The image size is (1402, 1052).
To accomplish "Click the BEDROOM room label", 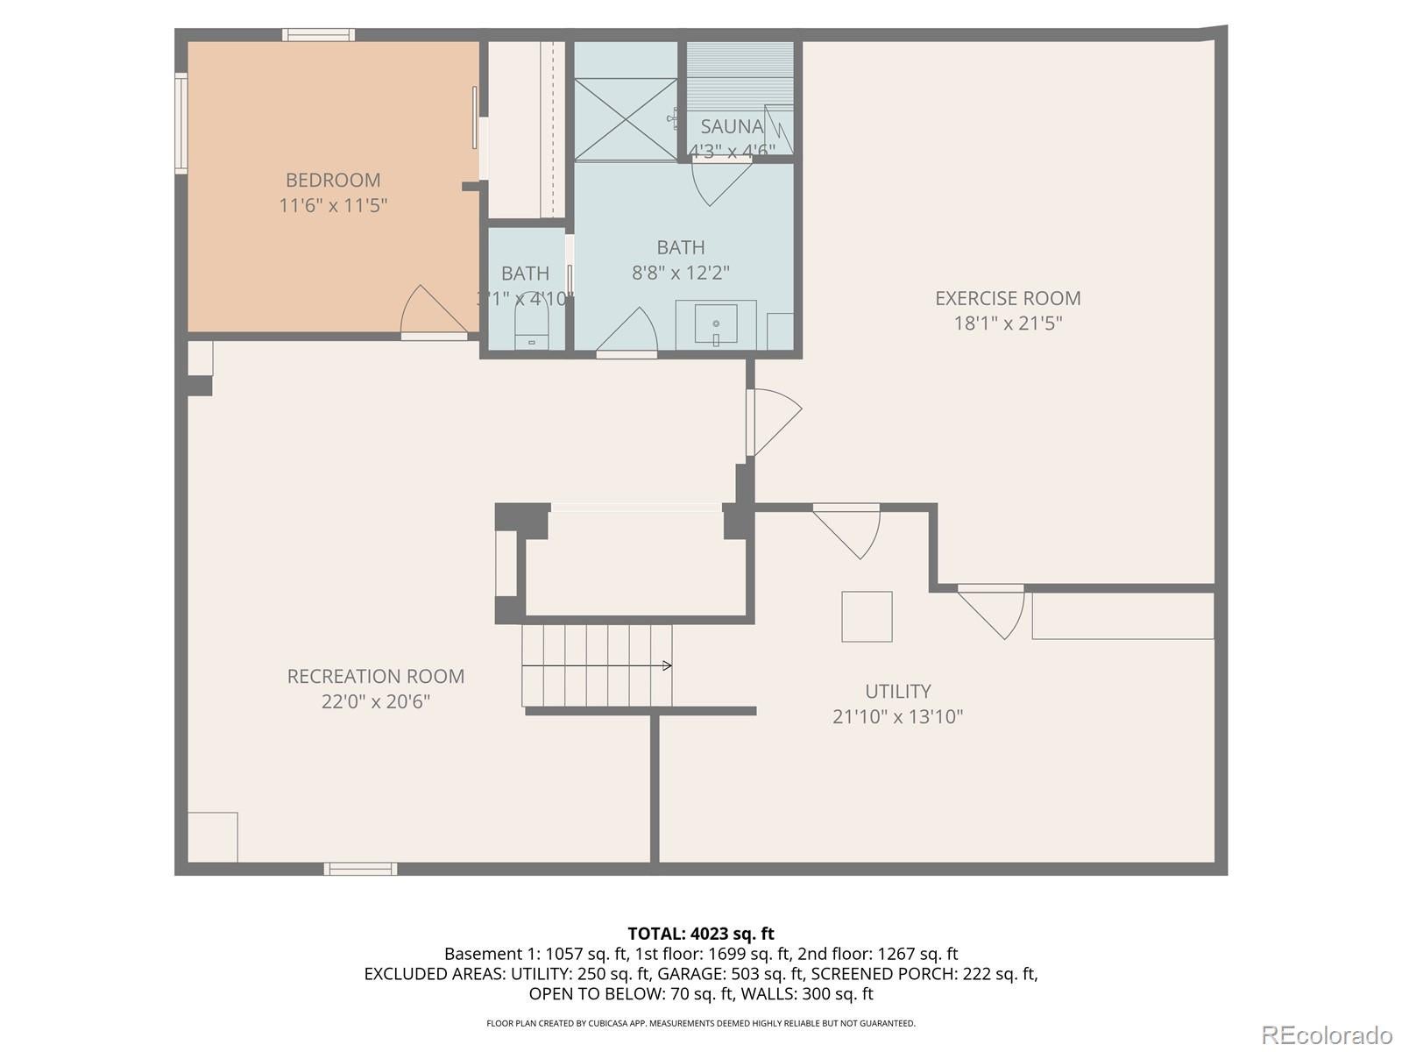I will (x=333, y=180).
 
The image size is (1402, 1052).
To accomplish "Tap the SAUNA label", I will (x=732, y=126).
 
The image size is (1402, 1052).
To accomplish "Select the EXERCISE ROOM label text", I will (x=1008, y=298).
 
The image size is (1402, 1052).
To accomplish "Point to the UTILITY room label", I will (x=897, y=691).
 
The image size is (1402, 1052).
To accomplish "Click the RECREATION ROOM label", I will (x=375, y=676).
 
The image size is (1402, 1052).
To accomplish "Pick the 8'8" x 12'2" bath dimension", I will (x=680, y=273).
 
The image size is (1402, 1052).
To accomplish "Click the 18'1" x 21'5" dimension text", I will (x=1008, y=323).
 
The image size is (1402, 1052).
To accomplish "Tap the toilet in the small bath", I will (x=531, y=331).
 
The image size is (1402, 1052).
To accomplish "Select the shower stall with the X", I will (x=626, y=118).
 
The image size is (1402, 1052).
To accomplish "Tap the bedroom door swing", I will (x=429, y=311).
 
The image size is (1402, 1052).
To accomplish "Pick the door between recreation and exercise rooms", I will (x=773, y=423).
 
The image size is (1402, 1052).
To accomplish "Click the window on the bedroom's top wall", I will (x=318, y=35).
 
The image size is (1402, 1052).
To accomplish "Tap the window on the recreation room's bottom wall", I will (x=360, y=869).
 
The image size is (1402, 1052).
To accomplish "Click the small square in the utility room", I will (x=867, y=616).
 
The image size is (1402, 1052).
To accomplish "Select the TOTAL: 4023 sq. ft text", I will (x=700, y=934).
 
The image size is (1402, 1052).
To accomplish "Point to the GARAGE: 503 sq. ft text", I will (x=729, y=974).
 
